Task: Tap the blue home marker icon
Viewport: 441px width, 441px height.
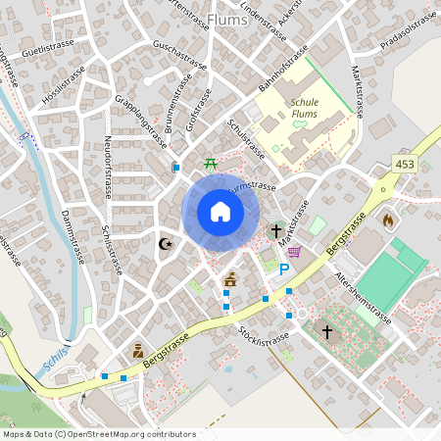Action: coord(220,212)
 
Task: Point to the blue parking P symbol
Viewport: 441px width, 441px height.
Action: coord(285,269)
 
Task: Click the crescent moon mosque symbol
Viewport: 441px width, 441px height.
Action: coord(166,243)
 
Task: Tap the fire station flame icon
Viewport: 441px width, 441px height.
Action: coord(388,220)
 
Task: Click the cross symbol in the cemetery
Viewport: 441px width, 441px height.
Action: coord(327,333)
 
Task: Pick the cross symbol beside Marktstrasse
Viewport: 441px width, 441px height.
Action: coord(276,232)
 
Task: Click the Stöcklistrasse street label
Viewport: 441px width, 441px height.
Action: coord(264,338)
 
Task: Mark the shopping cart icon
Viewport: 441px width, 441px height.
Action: coord(294,251)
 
